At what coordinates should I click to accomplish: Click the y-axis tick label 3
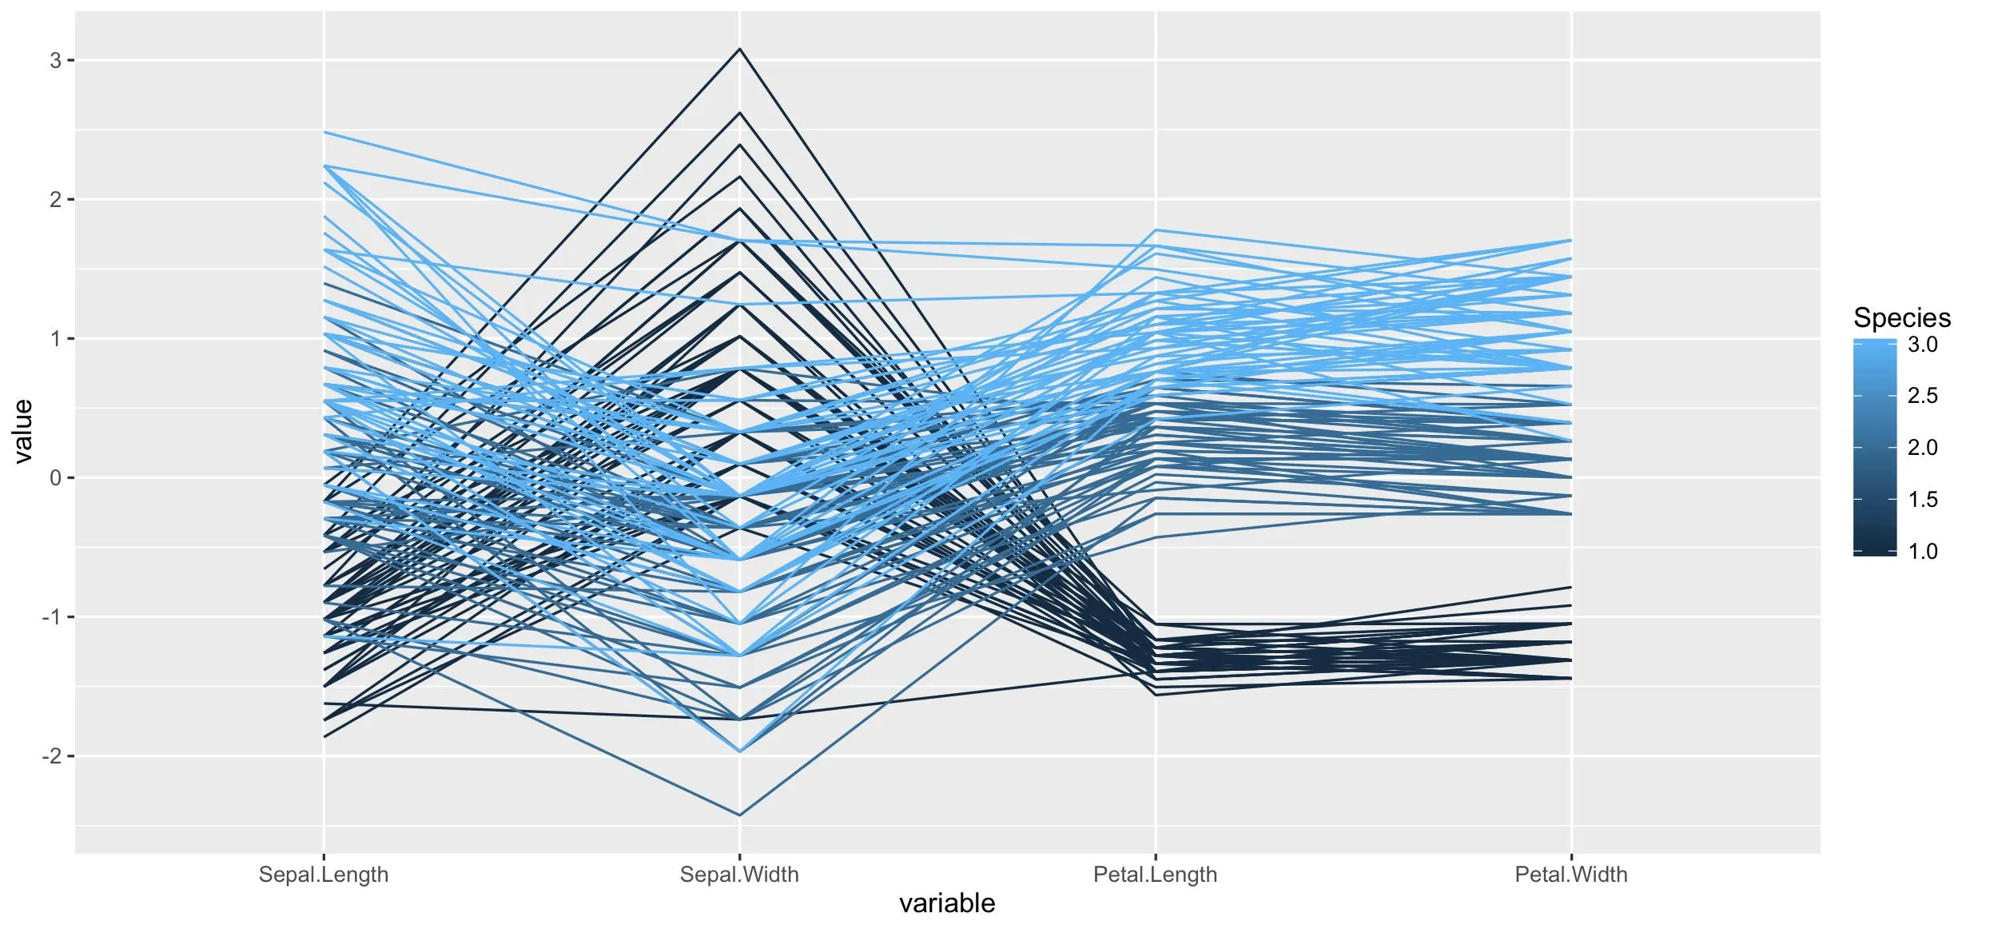(x=55, y=61)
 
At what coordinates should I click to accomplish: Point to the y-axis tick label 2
(x=55, y=200)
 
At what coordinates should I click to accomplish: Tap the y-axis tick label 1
(x=55, y=339)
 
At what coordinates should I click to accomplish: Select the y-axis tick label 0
(x=55, y=478)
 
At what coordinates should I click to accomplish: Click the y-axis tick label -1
(x=51, y=617)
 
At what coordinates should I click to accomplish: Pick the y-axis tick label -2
(x=51, y=756)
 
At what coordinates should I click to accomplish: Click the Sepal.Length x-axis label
(x=324, y=875)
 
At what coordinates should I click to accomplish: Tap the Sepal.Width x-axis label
(x=739, y=875)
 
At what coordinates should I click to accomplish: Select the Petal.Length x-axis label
(x=1155, y=875)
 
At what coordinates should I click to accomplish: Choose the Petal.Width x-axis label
(x=1571, y=875)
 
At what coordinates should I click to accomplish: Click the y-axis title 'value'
(x=22, y=432)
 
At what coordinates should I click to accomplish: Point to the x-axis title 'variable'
(x=947, y=903)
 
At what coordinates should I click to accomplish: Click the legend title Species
(x=1902, y=318)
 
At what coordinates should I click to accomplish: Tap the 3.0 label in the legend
(x=1923, y=345)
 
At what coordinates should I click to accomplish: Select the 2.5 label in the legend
(x=1923, y=396)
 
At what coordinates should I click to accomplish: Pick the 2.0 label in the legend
(x=1923, y=448)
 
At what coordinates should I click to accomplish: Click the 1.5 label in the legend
(x=1923, y=500)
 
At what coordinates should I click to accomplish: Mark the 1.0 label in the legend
(x=1923, y=551)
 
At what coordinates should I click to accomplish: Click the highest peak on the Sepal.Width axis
(x=740, y=49)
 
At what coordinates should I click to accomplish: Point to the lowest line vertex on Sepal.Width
(x=740, y=815)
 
